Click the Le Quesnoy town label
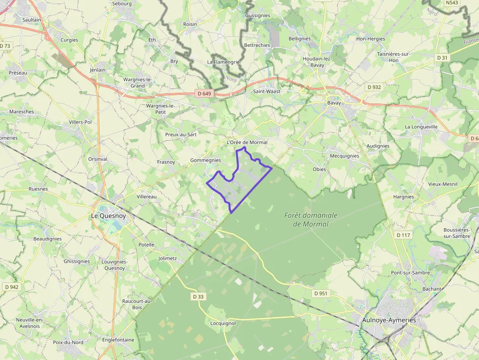tap(109, 215)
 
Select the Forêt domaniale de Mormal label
tap(311, 219)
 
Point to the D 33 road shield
tap(198, 296)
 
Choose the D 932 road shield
tap(374, 87)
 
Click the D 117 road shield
tap(404, 235)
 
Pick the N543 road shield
tap(452, 3)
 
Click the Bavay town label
tap(334, 103)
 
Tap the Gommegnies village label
tap(205, 160)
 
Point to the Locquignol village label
tap(223, 323)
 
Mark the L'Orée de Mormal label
tap(247, 142)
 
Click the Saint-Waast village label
tap(266, 91)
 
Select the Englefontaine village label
tap(118, 339)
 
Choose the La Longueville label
tap(421, 127)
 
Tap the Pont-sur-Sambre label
tap(411, 273)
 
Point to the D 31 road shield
tap(442, 58)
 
